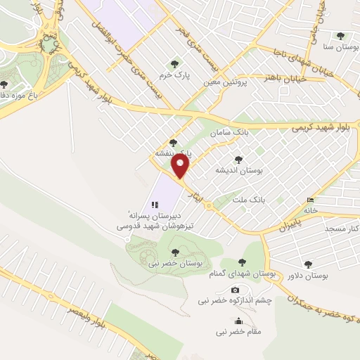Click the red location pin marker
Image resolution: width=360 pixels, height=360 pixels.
tap(181, 166)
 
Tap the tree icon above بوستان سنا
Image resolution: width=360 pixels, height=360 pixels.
tap(341, 37)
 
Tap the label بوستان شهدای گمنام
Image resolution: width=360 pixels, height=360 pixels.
tap(243, 273)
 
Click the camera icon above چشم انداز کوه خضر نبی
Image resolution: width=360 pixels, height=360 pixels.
tap(235, 290)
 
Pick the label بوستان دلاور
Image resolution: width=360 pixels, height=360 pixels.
tap(308, 275)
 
